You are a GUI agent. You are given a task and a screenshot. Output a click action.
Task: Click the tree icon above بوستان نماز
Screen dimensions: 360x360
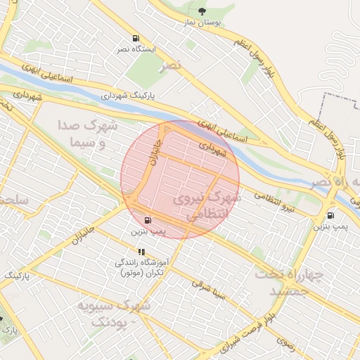[202, 11]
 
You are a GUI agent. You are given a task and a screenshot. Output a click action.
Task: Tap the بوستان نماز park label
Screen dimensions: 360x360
[202, 22]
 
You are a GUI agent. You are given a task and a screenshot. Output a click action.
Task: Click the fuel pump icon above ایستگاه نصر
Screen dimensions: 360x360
[134, 39]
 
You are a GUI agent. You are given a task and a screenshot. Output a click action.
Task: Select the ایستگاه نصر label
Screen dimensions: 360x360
[134, 50]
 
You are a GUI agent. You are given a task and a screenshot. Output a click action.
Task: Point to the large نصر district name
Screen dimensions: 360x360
[170, 65]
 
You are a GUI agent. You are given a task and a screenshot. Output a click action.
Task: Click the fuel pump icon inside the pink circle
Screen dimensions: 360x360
[147, 219]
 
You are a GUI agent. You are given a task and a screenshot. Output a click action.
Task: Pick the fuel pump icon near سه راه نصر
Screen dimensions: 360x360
[330, 215]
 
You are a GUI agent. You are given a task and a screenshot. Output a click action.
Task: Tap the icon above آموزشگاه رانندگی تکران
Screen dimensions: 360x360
[141, 252]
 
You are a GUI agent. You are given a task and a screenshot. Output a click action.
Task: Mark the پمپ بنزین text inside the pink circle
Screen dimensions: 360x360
[148, 231]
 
